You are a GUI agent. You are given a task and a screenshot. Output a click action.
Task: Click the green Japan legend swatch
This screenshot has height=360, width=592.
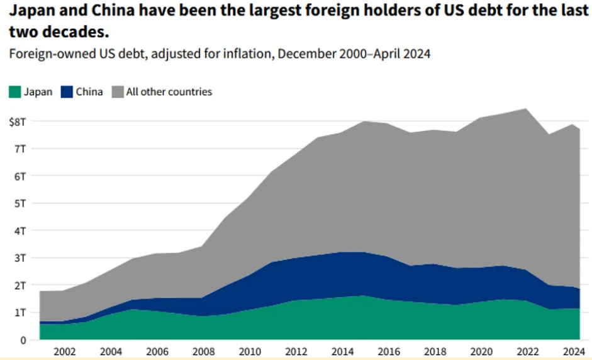click(x=15, y=92)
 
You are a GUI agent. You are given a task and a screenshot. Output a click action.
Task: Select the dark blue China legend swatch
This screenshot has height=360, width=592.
click(x=67, y=92)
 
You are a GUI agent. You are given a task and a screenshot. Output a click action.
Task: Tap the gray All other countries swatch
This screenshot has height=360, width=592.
click(x=117, y=92)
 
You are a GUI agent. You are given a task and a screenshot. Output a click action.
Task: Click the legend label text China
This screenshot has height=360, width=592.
click(x=89, y=92)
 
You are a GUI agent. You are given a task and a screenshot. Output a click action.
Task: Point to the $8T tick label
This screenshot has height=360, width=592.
click(x=18, y=121)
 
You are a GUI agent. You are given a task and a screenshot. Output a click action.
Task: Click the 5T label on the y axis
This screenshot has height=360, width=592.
click(x=20, y=203)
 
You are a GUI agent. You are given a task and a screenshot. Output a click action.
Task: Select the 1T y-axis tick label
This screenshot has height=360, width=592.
click(x=20, y=313)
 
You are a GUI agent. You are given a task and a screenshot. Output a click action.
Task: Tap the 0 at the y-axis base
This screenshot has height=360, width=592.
click(x=23, y=340)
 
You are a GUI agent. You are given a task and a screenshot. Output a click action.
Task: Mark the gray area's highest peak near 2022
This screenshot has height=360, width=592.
click(x=526, y=109)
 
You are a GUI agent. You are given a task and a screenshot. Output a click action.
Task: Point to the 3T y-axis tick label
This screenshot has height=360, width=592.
click(x=20, y=258)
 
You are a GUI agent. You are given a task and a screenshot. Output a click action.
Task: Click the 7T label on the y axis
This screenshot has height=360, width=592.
click(x=20, y=149)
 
